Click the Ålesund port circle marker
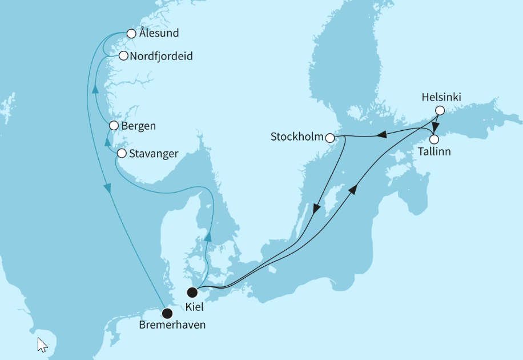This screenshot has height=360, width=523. coord(131,33)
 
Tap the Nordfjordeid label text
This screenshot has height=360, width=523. coord(161,56)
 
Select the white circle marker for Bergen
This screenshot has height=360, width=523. coord(114,126)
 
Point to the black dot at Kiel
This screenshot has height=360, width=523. coord(192,293)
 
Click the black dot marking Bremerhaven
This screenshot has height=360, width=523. coord(167,313)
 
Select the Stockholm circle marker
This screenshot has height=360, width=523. coord(330,137)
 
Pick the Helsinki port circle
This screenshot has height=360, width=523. coord(439,111)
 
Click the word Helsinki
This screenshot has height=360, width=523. coord(441,97)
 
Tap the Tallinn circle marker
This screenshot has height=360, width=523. coord(434,139)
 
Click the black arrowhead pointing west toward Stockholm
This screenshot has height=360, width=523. coord(380,135)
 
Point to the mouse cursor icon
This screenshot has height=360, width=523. coord(42,344)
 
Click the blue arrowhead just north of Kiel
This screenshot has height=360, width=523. coord(208,237)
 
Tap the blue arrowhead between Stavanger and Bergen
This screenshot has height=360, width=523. coord(107,141)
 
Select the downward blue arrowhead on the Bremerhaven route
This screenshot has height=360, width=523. coord(107,188)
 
